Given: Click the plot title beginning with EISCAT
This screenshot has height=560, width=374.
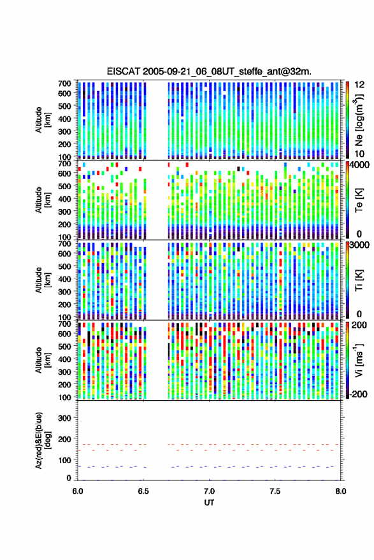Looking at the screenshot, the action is pyautogui.click(x=209, y=71).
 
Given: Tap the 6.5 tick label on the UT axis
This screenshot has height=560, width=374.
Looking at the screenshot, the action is pyautogui.click(x=143, y=491).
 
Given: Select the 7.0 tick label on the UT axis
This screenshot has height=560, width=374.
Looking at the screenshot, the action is pyautogui.click(x=209, y=491).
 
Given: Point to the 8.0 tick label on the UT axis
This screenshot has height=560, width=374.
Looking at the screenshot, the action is pyautogui.click(x=340, y=491).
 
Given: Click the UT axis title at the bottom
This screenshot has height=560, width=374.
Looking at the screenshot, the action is pyautogui.click(x=209, y=503).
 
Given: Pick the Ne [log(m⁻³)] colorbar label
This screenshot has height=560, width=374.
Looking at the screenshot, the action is pyautogui.click(x=359, y=120).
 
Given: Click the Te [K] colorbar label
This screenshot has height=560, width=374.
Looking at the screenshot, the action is pyautogui.click(x=359, y=201).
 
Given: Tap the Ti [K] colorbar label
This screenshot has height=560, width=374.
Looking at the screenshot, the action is pyautogui.click(x=359, y=280).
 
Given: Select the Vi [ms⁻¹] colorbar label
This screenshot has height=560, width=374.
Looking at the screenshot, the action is pyautogui.click(x=359, y=360).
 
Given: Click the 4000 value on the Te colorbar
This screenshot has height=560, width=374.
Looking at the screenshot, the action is pyautogui.click(x=359, y=166).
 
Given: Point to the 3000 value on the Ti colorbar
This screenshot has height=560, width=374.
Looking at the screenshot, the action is pyautogui.click(x=359, y=245).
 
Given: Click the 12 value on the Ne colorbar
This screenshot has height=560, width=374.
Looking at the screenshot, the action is pyautogui.click(x=360, y=85).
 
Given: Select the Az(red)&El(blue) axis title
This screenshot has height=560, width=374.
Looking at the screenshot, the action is pyautogui.click(x=42, y=440).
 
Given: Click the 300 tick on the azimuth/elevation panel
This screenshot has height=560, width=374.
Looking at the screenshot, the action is pyautogui.click(x=64, y=418).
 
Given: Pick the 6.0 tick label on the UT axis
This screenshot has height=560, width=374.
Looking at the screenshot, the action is pyautogui.click(x=78, y=491).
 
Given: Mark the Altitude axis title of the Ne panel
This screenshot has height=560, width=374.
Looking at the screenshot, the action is pyautogui.click(x=42, y=120).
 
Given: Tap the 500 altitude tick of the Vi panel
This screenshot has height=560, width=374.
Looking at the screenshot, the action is pyautogui.click(x=64, y=347).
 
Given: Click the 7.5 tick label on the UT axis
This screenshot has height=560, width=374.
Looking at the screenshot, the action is pyautogui.click(x=275, y=491).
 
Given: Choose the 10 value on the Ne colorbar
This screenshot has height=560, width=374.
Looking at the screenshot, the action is pyautogui.click(x=360, y=154).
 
